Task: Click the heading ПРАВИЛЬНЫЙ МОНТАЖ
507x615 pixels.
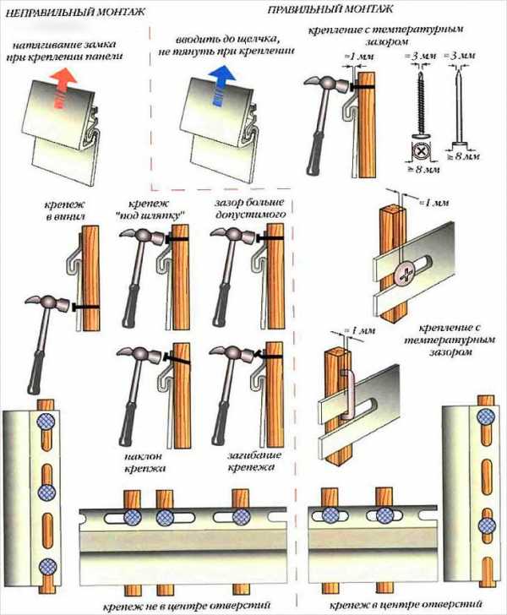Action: click(x=330, y=9)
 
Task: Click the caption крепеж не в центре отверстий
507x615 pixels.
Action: click(x=187, y=605)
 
